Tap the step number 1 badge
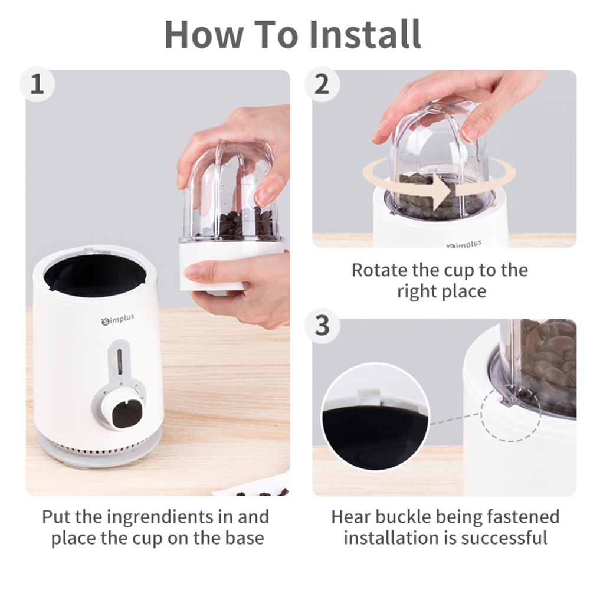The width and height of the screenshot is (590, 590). (37, 84)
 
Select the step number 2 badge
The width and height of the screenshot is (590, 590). (322, 84)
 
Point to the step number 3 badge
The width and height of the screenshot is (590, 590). (322, 326)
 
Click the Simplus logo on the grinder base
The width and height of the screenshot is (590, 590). (118, 319)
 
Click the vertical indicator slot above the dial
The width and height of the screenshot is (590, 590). (120, 361)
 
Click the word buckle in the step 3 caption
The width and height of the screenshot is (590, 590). (404, 517)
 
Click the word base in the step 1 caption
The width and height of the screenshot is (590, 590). (245, 538)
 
